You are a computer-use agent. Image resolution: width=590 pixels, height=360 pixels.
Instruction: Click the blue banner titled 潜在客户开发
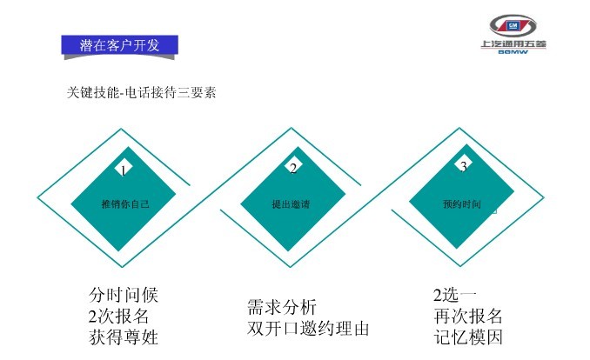pos(120,45)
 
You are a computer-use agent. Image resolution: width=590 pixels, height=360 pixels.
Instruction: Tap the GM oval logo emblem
pos(513,25)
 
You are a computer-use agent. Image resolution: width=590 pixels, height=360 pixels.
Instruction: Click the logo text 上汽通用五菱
pos(513,44)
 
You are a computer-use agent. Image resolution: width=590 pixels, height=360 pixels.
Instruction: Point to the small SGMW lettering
pos(513,52)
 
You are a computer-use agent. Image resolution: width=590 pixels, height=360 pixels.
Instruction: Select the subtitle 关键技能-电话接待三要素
pos(142,92)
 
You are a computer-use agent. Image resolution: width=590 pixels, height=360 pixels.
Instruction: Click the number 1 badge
pos(124,170)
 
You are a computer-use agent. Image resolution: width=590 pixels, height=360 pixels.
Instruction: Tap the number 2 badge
pos(293,168)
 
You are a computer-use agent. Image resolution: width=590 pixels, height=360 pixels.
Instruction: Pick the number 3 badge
pos(463,165)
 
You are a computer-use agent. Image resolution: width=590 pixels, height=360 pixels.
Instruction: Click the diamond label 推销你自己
pos(125,203)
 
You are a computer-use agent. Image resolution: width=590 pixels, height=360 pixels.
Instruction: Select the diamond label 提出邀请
pos(291,203)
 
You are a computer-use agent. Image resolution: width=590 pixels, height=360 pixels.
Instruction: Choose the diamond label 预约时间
pos(462,203)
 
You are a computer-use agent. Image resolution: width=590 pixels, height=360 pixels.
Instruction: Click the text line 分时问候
pos(124,295)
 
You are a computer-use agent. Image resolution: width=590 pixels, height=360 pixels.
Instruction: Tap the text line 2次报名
pos(118,316)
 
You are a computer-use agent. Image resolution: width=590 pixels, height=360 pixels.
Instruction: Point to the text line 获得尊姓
pos(124,337)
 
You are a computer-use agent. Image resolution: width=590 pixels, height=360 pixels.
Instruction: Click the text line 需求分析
pos(282,307)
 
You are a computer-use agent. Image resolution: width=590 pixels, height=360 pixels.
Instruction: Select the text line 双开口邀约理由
pos(308,329)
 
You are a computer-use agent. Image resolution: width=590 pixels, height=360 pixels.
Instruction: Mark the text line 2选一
pos(455,295)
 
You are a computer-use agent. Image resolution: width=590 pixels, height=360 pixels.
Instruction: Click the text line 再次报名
pos(468,316)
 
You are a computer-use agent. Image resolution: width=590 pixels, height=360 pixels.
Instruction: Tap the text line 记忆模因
pos(468,337)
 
